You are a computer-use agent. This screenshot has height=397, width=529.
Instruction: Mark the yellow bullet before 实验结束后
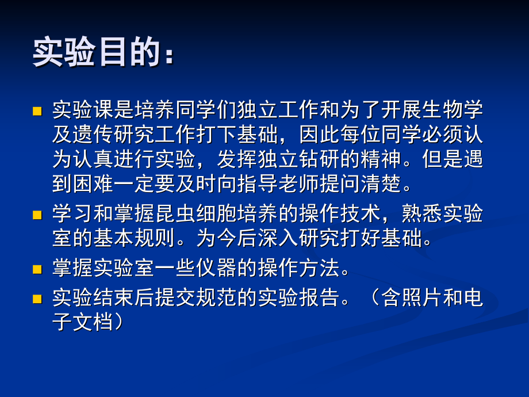tap(37, 299)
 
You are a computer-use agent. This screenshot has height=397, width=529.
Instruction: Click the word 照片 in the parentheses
tap(426, 297)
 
